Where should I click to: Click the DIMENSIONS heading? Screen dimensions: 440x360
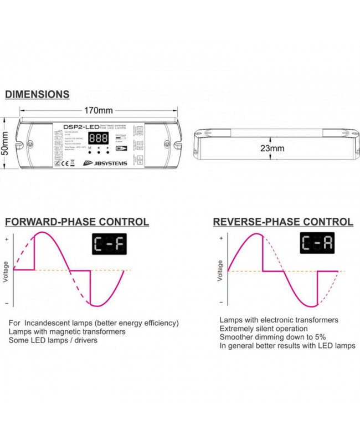click(x=37, y=94)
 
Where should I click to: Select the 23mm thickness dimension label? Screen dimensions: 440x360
click(x=272, y=148)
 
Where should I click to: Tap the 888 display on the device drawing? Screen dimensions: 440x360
click(x=99, y=139)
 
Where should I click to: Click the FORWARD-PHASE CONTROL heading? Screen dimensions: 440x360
click(x=77, y=222)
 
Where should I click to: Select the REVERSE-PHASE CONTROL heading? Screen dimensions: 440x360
click(x=283, y=222)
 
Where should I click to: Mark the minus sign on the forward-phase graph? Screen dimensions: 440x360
click(x=7, y=304)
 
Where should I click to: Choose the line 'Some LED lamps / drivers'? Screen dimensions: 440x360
click(x=53, y=340)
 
